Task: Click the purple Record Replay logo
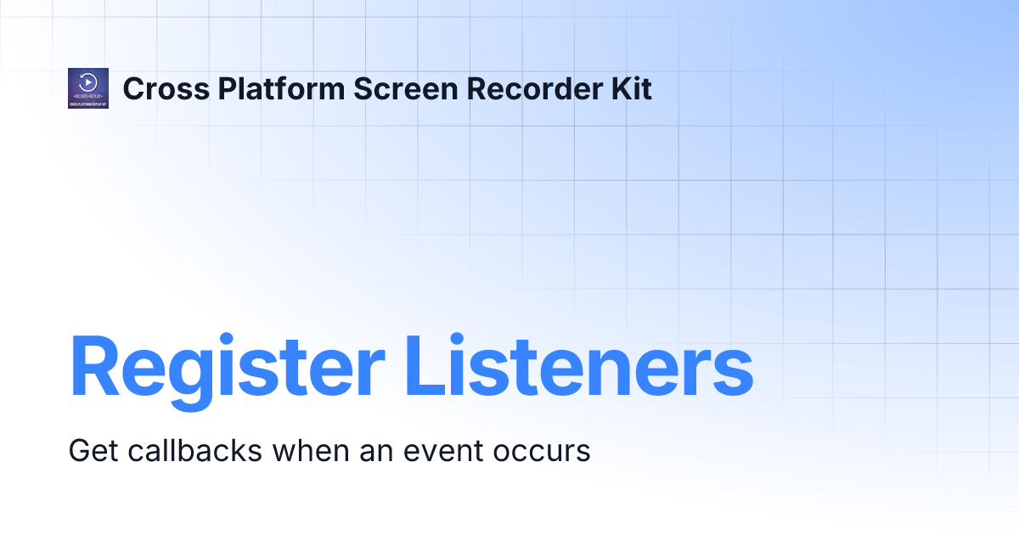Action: [x=87, y=88]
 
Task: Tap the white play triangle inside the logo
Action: [x=87, y=82]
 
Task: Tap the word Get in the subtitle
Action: [x=93, y=450]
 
